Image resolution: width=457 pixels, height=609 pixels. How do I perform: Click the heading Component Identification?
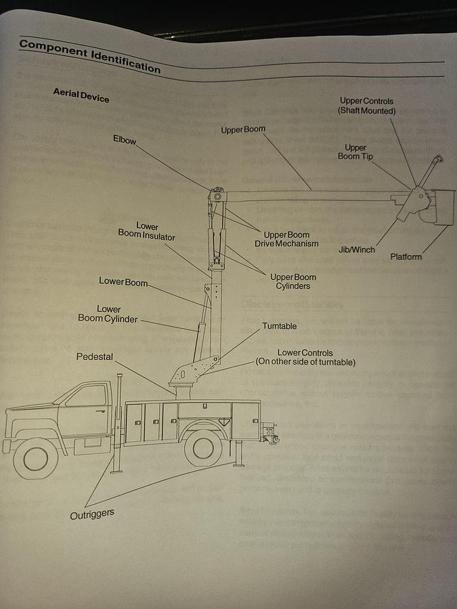coord(89,55)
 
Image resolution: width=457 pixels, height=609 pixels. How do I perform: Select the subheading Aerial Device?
coord(81,95)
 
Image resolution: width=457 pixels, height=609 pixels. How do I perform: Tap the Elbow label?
coord(125,140)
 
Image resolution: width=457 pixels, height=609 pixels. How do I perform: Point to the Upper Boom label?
coord(243,129)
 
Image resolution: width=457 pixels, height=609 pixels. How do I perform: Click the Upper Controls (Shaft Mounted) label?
coord(367,106)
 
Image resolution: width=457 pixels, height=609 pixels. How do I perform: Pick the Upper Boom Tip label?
coord(355,152)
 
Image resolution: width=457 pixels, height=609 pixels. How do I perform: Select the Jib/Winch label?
coord(357,249)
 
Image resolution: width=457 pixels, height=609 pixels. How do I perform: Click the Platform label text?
coord(406,256)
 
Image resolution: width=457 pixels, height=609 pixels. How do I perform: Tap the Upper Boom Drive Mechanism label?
coord(286,240)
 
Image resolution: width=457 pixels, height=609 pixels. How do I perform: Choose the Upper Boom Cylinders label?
coord(293,281)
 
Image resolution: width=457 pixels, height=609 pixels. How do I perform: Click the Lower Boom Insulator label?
coord(147,231)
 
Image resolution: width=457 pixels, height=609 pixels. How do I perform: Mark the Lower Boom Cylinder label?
coord(108,313)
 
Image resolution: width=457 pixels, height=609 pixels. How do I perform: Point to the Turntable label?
coord(280,326)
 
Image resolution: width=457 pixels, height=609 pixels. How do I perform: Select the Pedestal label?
coord(95,357)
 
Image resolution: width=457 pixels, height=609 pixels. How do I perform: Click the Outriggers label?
coord(92,514)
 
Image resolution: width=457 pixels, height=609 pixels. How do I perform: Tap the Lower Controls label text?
coord(305,357)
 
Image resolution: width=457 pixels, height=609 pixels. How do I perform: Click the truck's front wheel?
coord(35,457)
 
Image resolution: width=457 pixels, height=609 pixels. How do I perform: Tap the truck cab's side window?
coord(87,397)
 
